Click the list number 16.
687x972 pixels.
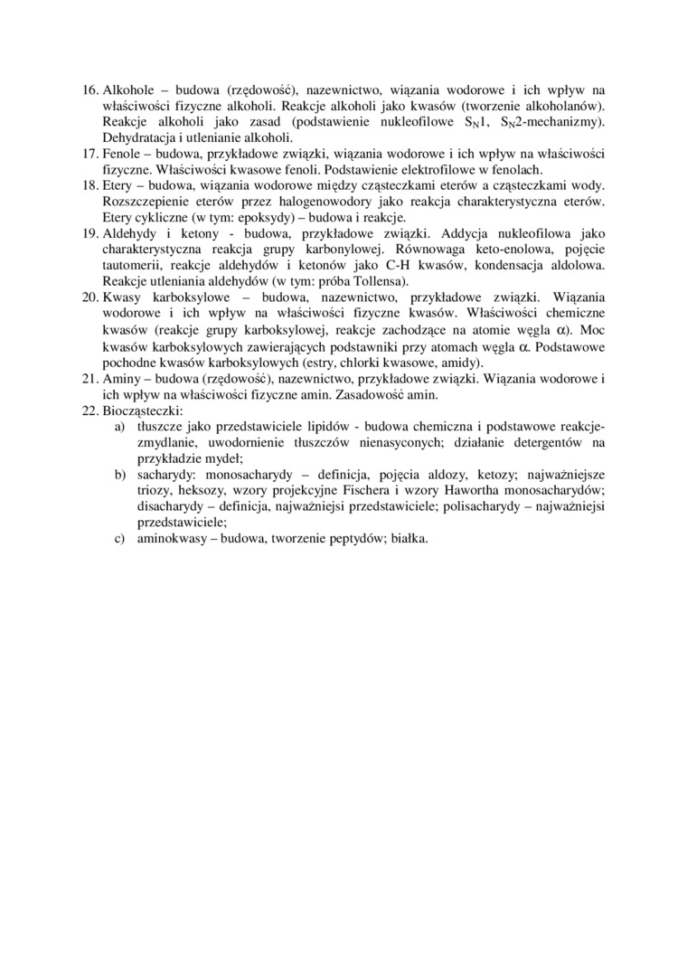tap(89, 90)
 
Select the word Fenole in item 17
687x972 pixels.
tap(122, 154)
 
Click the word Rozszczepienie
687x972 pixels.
tap(148, 201)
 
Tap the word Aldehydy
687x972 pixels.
tap(129, 232)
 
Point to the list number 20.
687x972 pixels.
tap(89, 296)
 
